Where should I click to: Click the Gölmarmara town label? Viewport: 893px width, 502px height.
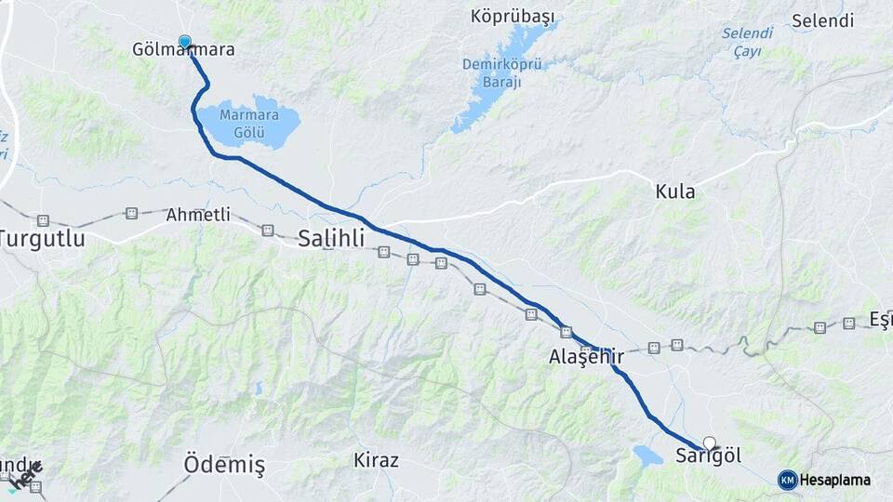coord(182,50)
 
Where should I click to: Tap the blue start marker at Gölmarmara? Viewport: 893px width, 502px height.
coord(185,42)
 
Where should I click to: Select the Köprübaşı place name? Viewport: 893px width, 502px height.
coord(513,17)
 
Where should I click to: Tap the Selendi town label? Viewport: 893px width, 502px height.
coord(822,20)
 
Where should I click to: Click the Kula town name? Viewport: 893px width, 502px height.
coord(675,192)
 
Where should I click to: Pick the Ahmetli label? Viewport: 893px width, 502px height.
coord(197,215)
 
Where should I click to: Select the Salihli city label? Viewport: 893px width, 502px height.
coord(331,238)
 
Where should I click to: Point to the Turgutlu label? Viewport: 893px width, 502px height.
coord(43,238)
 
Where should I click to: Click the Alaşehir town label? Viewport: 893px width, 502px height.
coord(585,357)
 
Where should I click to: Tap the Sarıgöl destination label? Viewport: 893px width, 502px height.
coord(708,456)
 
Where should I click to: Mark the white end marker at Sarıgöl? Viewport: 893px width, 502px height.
coord(711,443)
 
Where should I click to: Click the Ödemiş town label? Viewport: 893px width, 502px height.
coord(224,463)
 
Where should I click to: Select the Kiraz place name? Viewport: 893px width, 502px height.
coord(376,460)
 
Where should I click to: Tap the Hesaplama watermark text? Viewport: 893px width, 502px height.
coord(835,480)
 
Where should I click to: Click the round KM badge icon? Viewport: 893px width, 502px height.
coord(787,480)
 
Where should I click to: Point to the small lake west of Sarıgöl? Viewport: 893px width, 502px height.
coord(647,456)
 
